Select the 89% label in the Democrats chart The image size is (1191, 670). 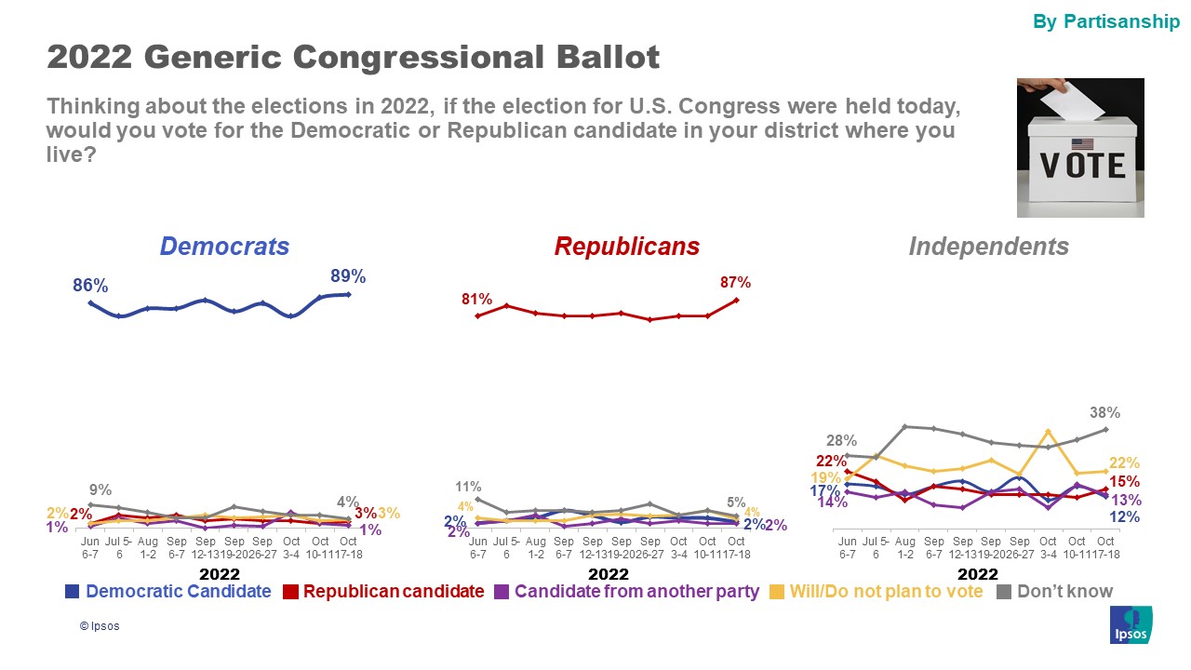[348, 276]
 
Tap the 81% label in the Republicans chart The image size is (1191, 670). [476, 300]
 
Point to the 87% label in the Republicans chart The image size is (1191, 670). [735, 283]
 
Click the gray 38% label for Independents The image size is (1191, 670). [1105, 413]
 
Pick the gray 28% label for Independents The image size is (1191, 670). [842, 441]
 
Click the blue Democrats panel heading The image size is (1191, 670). [224, 247]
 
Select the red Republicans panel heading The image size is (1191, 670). [626, 247]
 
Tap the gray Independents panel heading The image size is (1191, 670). [988, 247]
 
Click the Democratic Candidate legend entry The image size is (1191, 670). [168, 591]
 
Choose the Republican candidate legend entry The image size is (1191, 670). [383, 591]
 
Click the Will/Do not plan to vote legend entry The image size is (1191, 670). [877, 591]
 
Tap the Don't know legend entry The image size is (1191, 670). [1054, 591]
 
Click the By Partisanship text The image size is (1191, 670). [1106, 22]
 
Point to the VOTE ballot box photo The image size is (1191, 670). [1080, 148]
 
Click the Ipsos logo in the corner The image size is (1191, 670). [1131, 624]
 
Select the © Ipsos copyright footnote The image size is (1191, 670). [100, 626]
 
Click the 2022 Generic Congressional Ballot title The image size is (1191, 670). [353, 58]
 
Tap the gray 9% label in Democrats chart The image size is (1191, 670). [100, 490]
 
